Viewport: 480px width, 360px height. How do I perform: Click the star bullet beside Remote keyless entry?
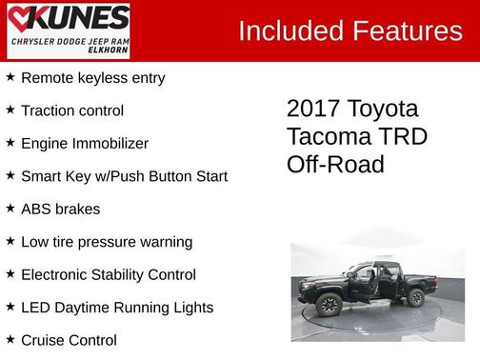coord(10,77)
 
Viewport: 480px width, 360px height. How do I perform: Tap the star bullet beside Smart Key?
coord(10,176)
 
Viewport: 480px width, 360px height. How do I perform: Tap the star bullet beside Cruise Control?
coord(10,340)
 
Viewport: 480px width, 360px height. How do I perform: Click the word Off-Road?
coord(335,165)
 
